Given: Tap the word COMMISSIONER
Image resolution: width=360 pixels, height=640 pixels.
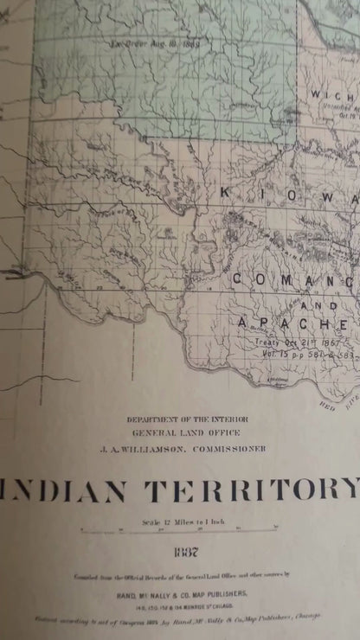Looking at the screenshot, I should (228, 449).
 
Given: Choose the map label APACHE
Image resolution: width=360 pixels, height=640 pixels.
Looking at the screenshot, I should (293, 323).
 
